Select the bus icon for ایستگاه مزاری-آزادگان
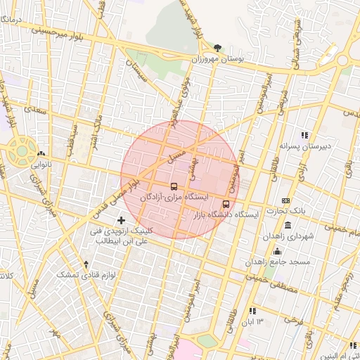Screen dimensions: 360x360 (x=174, y=187)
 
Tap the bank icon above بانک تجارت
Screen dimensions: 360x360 (x=285, y=200)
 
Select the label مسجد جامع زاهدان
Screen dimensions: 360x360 (x=278, y=262)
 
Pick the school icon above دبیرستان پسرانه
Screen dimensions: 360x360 (x=304, y=135)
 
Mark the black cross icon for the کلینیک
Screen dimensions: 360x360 (x=121, y=220)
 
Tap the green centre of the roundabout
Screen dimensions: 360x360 (x=22, y=148)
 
